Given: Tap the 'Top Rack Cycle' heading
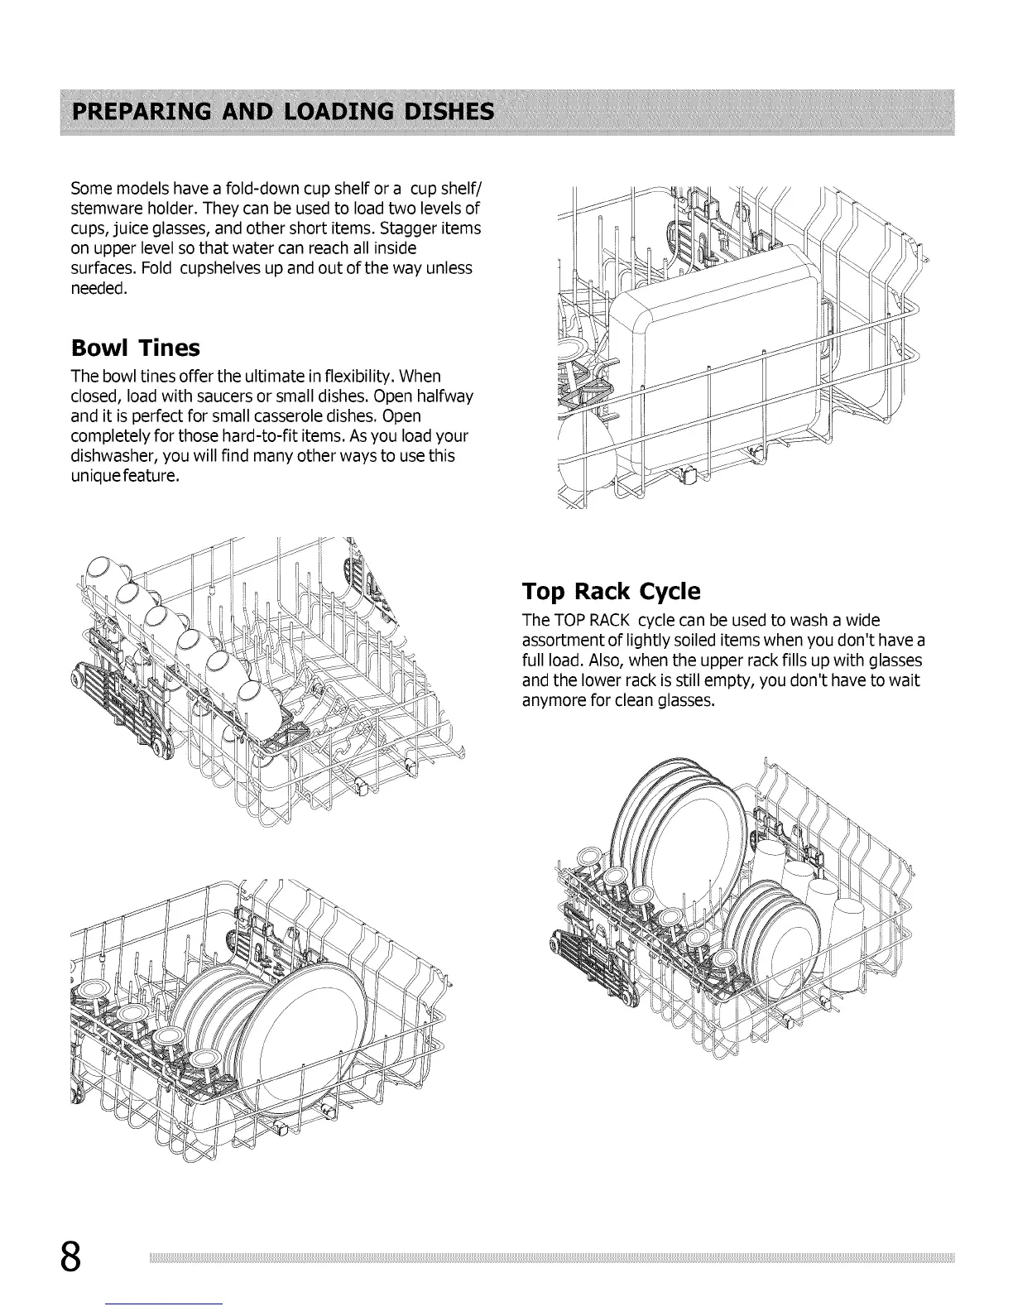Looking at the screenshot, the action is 611,591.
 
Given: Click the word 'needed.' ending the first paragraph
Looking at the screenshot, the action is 98,289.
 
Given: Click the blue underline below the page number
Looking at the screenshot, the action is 166,1304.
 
